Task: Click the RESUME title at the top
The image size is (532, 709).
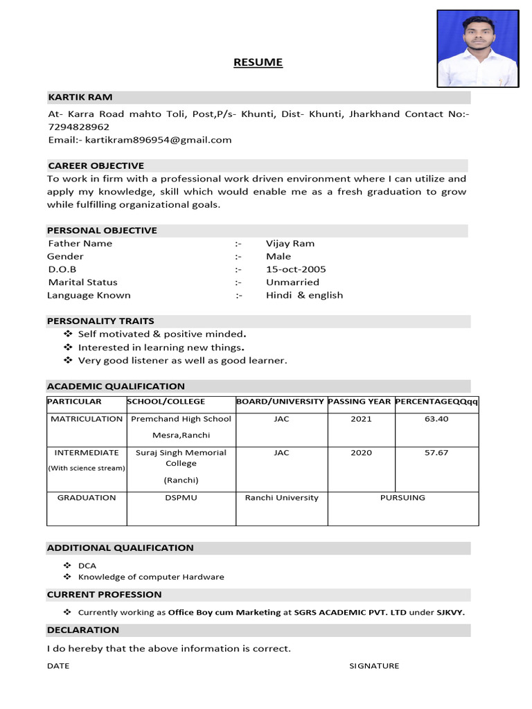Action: (258, 62)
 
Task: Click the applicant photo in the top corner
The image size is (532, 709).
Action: (478, 48)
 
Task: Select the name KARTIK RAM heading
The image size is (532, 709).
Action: (80, 97)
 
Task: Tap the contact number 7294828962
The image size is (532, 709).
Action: (78, 127)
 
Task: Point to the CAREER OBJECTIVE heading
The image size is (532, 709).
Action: (96, 165)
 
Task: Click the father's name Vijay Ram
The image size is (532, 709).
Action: (290, 244)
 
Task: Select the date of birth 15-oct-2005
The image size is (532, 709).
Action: (296, 269)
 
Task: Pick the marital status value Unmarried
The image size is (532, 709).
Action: (292, 282)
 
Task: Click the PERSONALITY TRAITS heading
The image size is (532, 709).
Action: (100, 321)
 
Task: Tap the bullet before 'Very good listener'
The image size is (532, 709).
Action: (68, 361)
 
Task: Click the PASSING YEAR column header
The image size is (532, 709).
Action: (359, 402)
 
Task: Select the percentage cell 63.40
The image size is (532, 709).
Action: (436, 419)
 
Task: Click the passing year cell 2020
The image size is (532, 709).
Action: (361, 453)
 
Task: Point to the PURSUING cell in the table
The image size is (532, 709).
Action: (402, 498)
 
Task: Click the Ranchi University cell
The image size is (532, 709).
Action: (281, 498)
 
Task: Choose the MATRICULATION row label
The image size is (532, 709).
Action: (87, 419)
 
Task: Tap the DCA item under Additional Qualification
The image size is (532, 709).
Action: (87, 566)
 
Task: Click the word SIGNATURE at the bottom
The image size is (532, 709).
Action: (374, 666)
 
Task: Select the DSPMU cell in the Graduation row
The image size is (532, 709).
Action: (181, 498)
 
